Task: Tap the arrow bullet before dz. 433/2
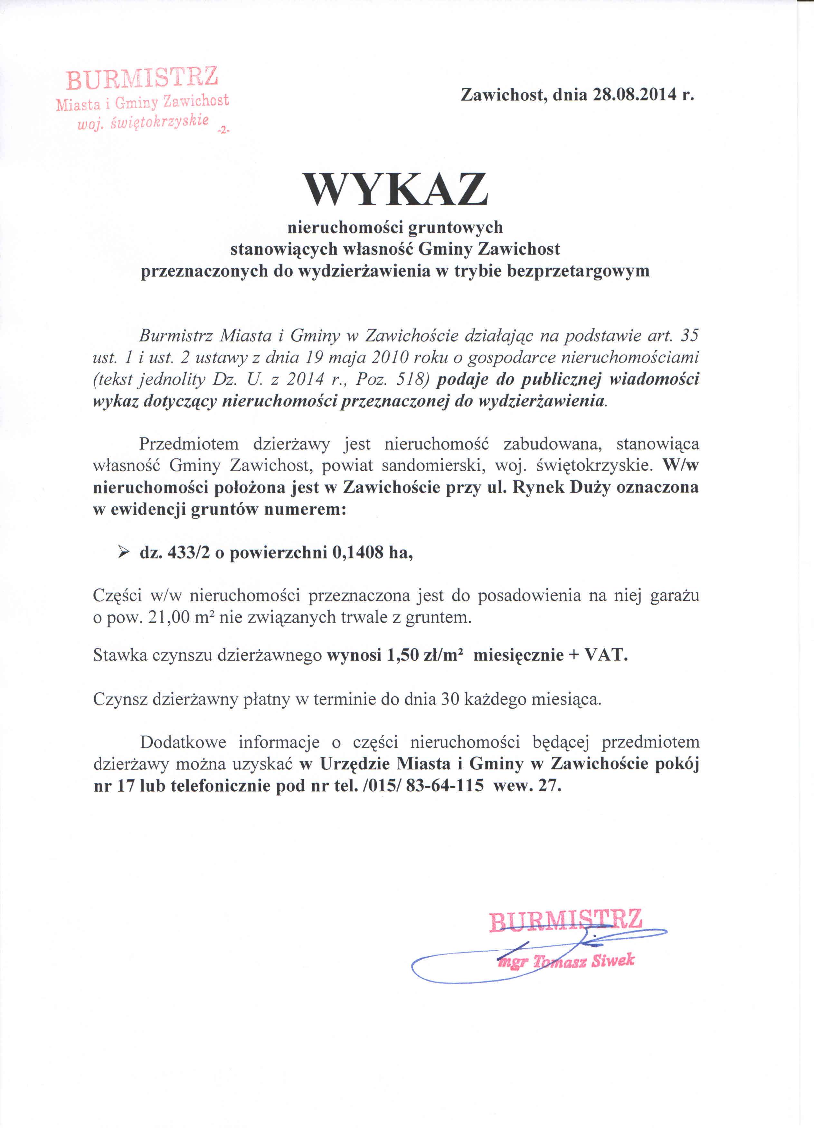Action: pos(123,552)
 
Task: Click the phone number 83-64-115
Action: pos(445,785)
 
